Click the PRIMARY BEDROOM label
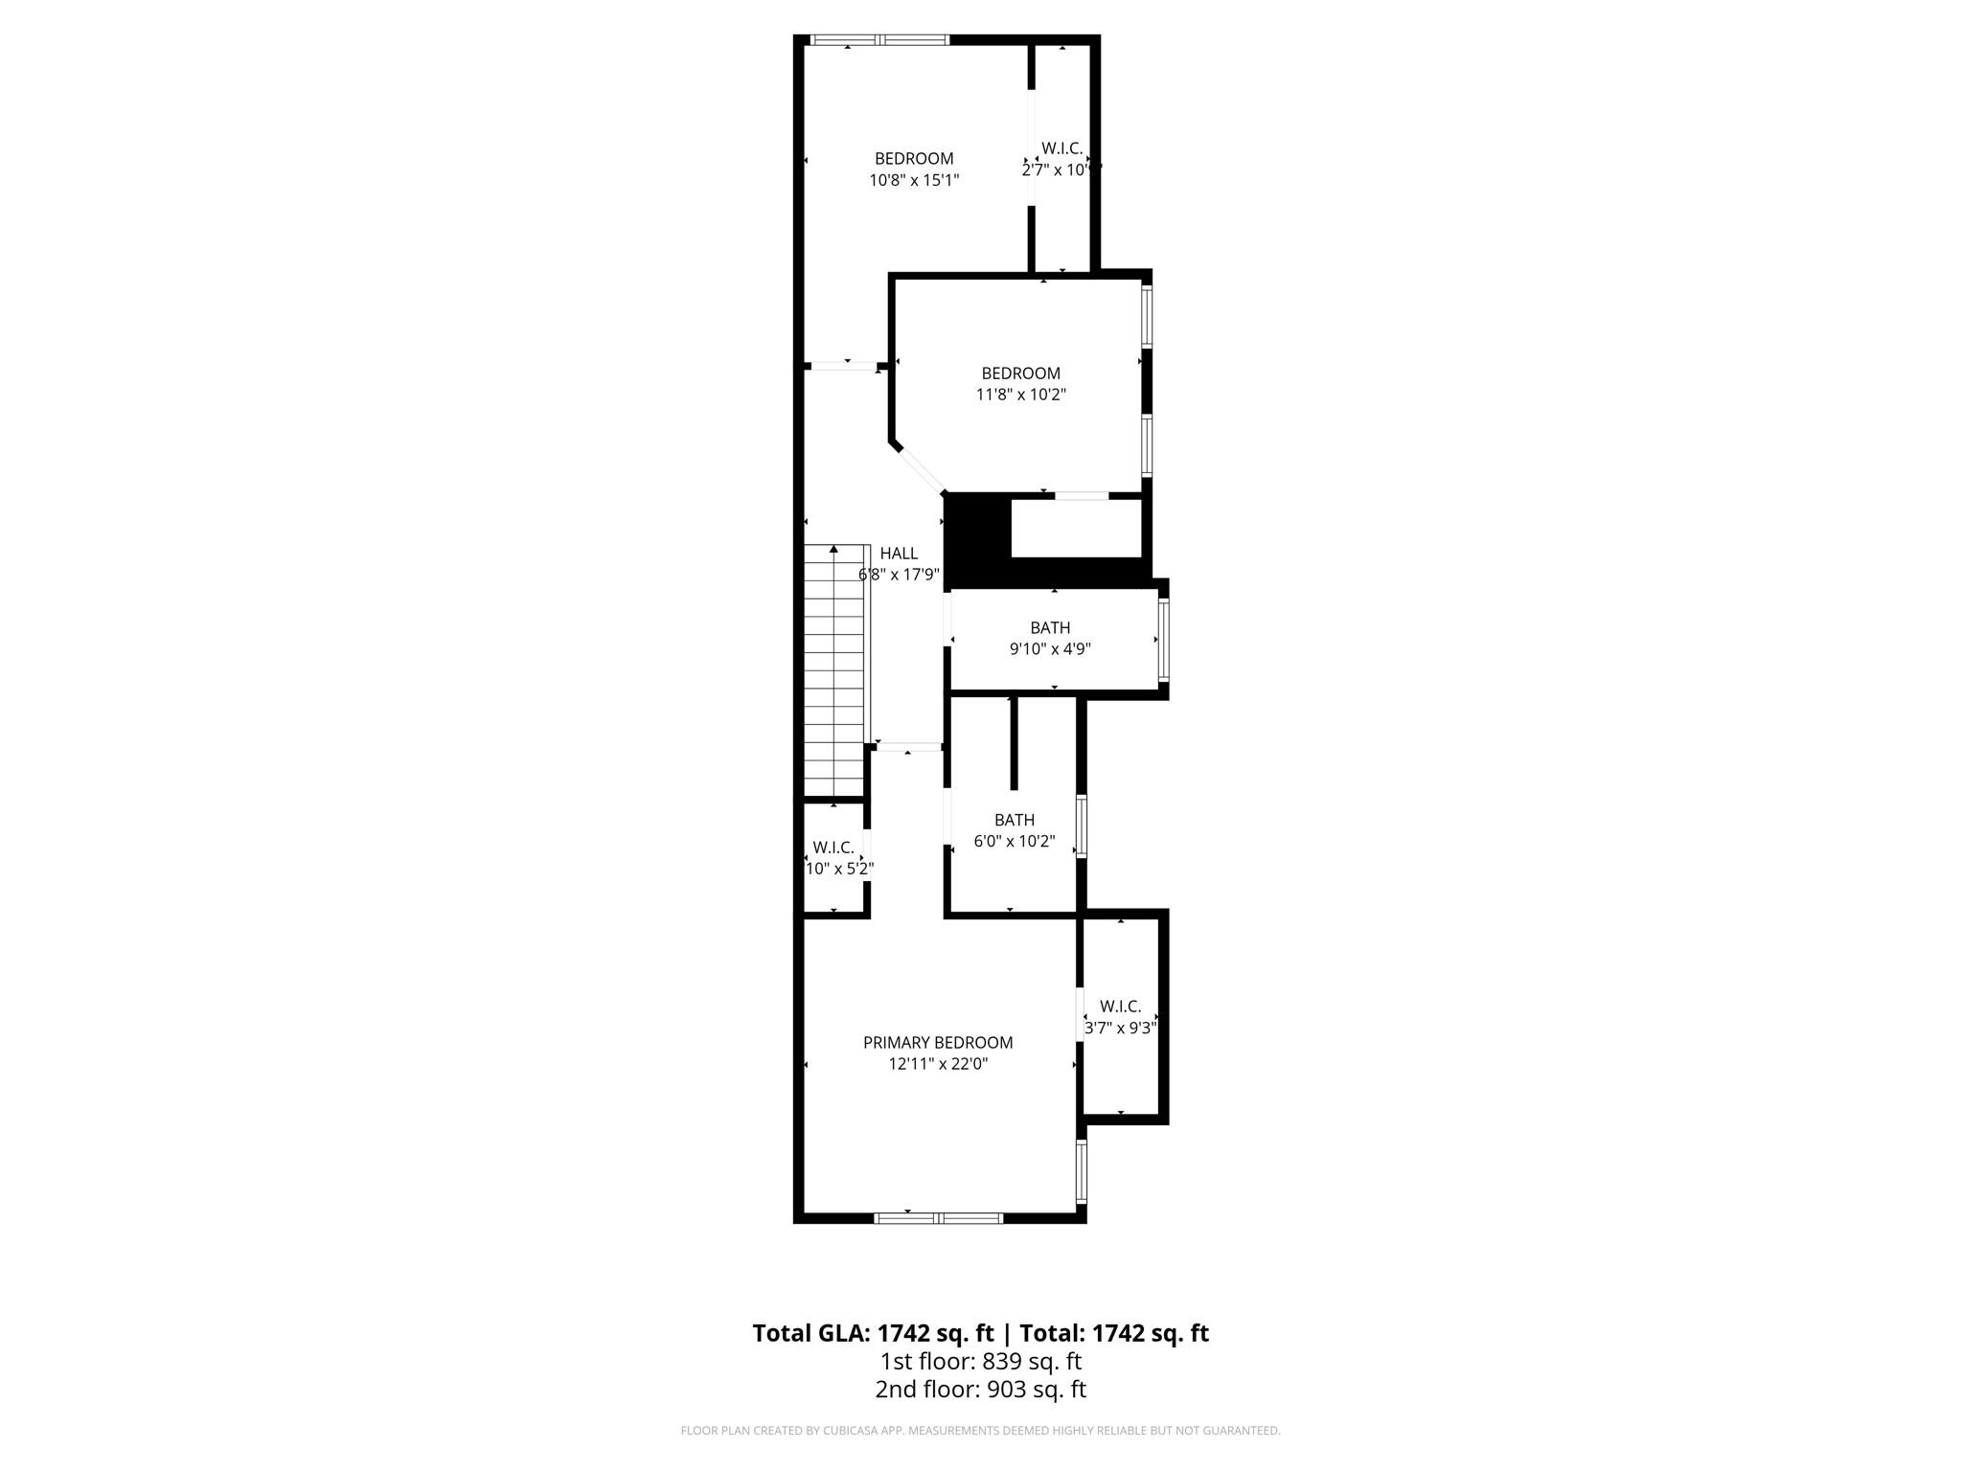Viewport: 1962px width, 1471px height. pos(938,1043)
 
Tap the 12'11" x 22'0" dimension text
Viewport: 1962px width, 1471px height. pos(938,1064)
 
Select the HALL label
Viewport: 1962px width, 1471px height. pos(899,554)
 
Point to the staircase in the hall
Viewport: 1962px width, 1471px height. pos(834,670)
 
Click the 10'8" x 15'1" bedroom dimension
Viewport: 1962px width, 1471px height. pos(914,180)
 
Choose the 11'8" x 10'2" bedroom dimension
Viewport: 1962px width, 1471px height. pos(1020,395)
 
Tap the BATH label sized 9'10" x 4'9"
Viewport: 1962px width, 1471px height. pos(1050,628)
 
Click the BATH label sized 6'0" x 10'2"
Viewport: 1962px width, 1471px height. pos(1014,820)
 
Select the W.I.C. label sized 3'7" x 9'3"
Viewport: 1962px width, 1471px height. pos(1120,1007)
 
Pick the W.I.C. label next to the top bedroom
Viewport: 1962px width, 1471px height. pos(1061,148)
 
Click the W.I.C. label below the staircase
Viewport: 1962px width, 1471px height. pos(833,848)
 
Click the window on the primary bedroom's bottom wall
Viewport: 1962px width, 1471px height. pos(938,1218)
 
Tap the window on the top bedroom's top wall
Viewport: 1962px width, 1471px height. pos(879,40)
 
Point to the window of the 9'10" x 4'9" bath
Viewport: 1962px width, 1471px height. pos(1164,639)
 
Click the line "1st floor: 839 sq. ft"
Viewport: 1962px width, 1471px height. pos(980,1361)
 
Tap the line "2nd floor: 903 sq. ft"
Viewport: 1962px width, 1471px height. pos(980,1390)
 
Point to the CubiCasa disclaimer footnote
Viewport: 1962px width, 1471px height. pos(980,1431)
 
